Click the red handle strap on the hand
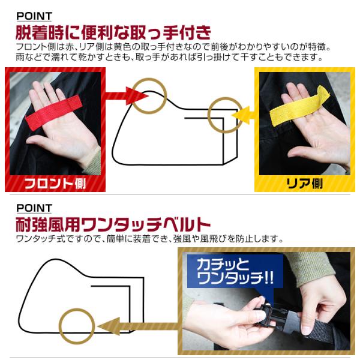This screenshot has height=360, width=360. [53, 113]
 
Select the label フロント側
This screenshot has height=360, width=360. [55, 184]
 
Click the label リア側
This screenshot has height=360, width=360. [304, 184]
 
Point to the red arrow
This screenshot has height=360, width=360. [126, 96]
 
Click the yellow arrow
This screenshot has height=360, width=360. [244, 115]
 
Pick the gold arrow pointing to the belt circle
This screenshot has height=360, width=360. [138, 326]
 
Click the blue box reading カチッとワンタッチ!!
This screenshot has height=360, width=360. [235, 271]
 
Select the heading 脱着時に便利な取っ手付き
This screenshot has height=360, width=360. [113, 32]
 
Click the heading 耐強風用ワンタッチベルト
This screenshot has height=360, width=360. [113, 224]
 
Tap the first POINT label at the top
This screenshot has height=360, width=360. [34, 16]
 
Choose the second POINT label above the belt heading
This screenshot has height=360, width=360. [34, 208]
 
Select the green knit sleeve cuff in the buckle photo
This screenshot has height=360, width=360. [310, 266]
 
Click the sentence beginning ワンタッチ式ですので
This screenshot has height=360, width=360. [149, 239]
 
